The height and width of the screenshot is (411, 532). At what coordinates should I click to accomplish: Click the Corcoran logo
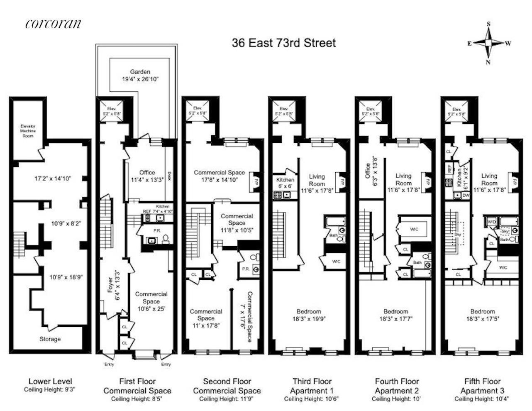tap(53, 24)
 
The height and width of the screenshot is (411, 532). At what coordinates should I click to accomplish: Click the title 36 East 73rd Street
tap(283, 43)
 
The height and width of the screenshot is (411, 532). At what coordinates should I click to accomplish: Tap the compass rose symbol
tap(488, 43)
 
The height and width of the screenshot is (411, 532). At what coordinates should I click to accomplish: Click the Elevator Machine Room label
tap(28, 130)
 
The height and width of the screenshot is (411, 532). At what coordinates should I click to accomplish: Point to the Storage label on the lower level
tap(50, 339)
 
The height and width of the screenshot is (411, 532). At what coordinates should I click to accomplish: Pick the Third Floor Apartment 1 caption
tap(312, 386)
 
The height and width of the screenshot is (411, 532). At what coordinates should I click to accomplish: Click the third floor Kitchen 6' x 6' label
tap(285, 183)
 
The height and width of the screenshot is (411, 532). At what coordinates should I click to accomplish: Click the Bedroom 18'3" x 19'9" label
tap(309, 315)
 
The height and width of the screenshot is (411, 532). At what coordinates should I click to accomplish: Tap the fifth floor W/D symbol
tap(492, 222)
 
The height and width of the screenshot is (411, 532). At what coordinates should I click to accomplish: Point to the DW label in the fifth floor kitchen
tap(466, 195)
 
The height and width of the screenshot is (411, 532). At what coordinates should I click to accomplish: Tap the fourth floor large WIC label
tap(414, 229)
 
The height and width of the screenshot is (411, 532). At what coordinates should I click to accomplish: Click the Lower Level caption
tap(50, 381)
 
